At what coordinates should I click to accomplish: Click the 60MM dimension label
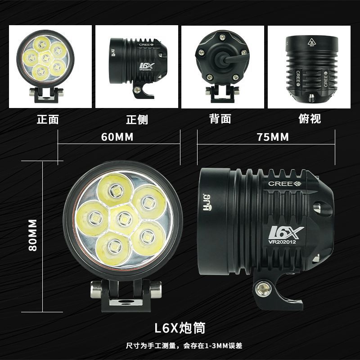pyautogui.click(x=117, y=137)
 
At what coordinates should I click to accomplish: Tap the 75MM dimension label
pyautogui.click(x=273, y=137)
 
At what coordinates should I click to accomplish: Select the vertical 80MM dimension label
pyautogui.click(x=33, y=235)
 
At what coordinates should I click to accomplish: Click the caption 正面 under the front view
pyautogui.click(x=48, y=119)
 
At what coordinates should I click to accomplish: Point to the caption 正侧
pyautogui.click(x=137, y=119)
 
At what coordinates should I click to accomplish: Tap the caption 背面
pyautogui.click(x=220, y=119)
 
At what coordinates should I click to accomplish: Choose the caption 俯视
pyautogui.click(x=310, y=119)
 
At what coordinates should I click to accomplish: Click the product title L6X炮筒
pyautogui.click(x=180, y=328)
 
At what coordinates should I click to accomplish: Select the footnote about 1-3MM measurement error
pyautogui.click(x=184, y=346)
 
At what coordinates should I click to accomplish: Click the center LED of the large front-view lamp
pyautogui.click(x=124, y=219)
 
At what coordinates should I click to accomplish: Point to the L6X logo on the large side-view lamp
pyautogui.click(x=286, y=233)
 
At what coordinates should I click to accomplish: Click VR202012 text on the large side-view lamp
pyautogui.click(x=282, y=242)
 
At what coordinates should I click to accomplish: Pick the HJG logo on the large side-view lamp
pyautogui.click(x=207, y=202)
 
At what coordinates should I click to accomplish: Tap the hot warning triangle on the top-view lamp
pyautogui.click(x=311, y=41)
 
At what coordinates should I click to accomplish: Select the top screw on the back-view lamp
pyautogui.click(x=222, y=37)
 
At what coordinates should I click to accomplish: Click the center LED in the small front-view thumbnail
pyautogui.click(x=45, y=58)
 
